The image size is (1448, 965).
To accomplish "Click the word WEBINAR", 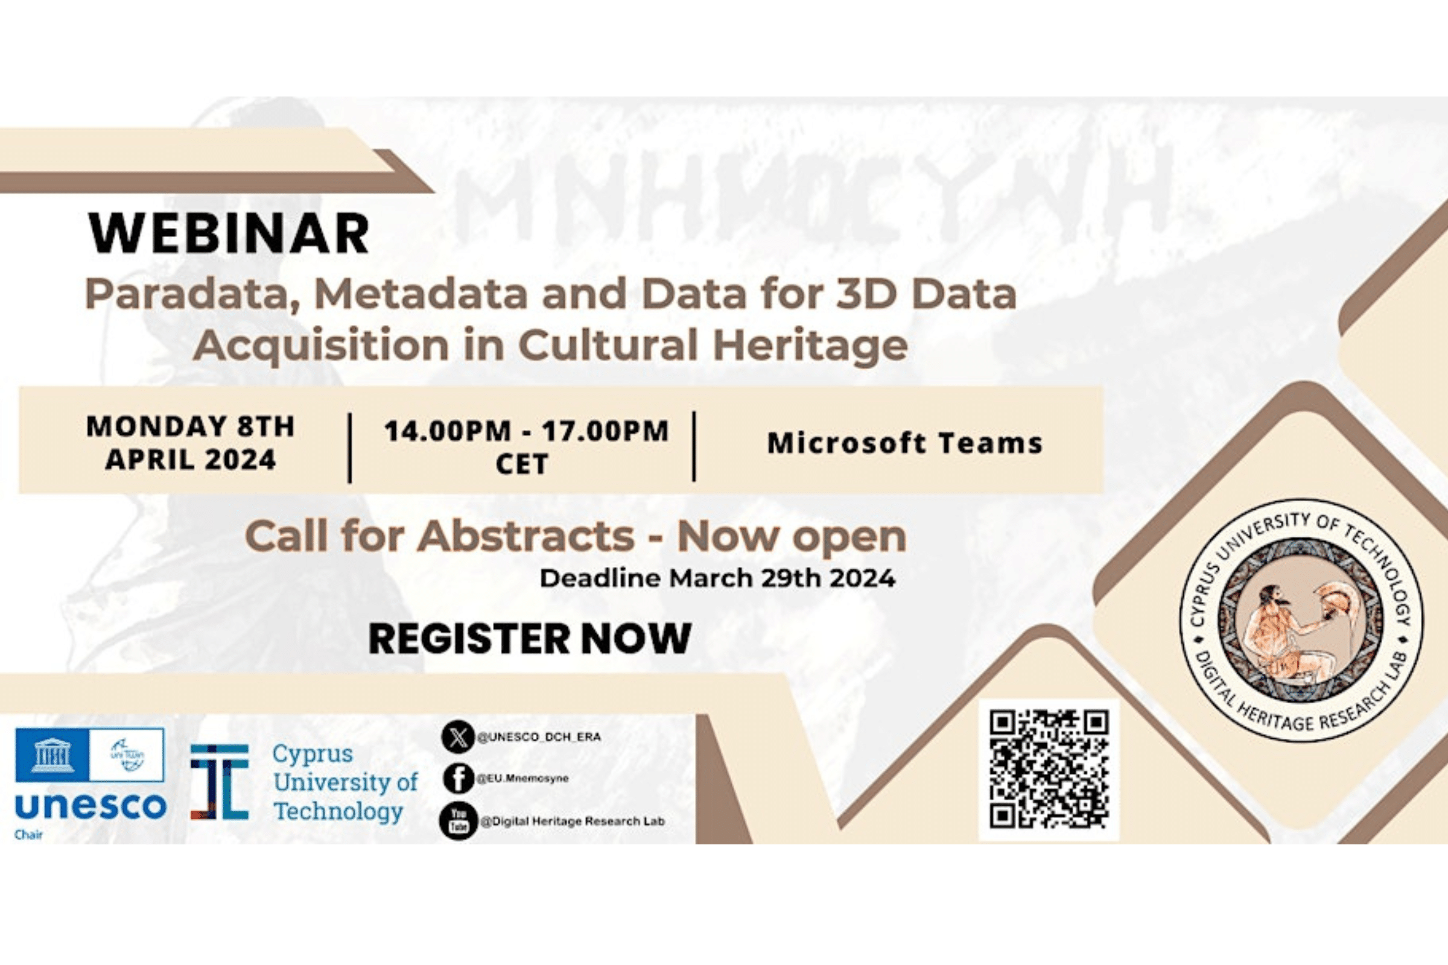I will coord(229,234).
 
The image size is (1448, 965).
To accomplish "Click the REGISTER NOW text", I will coord(530,638).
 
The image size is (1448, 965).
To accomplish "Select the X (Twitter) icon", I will coord(458,737).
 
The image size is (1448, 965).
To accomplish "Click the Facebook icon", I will coord(458,779).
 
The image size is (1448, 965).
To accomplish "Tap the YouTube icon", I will coord(458,821).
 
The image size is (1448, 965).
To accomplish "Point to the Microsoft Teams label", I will coord(904,443).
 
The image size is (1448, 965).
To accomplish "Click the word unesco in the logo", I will coord(90,806).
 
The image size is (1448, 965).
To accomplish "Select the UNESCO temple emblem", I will coord(52,755).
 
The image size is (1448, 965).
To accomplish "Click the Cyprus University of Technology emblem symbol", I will coord(219,782).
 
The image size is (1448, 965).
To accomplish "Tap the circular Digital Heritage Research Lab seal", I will coord(1300,621).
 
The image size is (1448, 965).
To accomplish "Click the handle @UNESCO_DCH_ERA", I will coord(539,737).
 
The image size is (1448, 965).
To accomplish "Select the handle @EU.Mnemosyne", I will coord(522,779).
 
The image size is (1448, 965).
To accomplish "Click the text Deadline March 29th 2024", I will coord(717,578).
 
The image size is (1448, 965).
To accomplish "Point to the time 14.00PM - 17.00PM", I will coord(526,431).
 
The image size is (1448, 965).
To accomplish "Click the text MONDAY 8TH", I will coord(190,426).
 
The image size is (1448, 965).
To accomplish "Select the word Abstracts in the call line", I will coord(526,537).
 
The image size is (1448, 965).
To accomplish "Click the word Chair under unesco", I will coord(28,835).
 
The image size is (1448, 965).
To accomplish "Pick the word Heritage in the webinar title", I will coord(810,345).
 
